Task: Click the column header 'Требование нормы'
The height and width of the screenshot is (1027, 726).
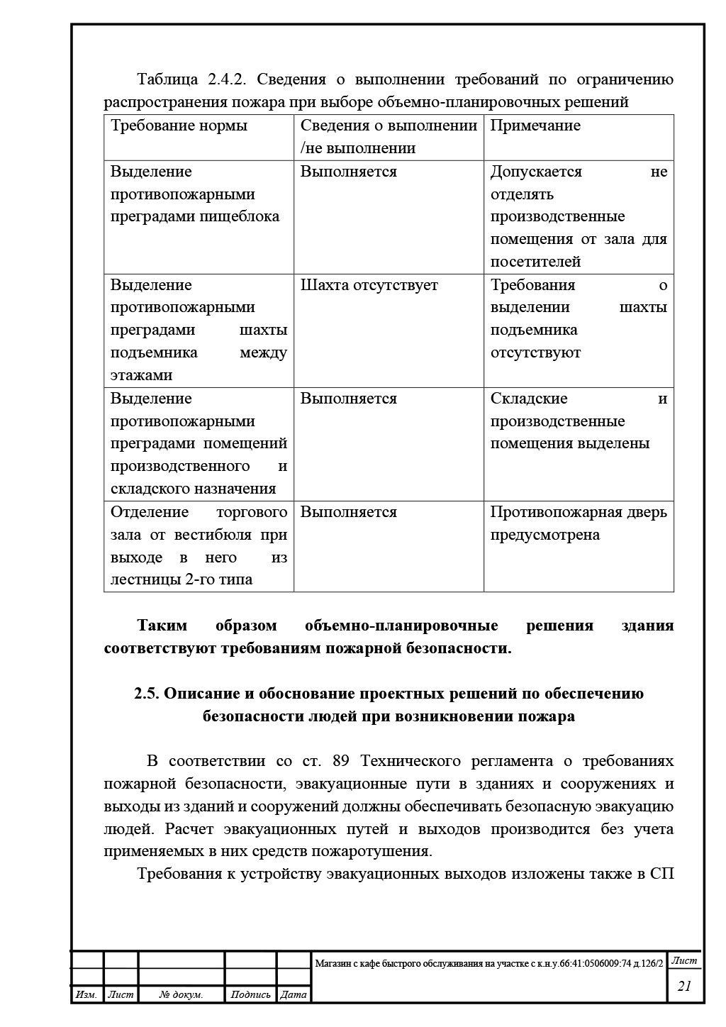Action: point(179,126)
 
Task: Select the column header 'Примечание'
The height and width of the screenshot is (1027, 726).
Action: point(535,126)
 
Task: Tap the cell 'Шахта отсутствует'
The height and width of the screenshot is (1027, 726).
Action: point(369,285)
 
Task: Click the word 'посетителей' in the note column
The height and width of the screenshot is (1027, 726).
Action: point(535,262)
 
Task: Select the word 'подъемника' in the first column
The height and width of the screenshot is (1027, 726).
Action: point(154,353)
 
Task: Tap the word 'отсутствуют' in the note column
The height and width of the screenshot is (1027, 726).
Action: point(535,353)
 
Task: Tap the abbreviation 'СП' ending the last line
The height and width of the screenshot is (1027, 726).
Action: point(661,874)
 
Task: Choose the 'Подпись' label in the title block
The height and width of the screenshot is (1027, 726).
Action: point(250,995)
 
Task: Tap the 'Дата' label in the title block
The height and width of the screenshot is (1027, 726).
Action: point(294,995)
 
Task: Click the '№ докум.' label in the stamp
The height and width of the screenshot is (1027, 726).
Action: point(181,995)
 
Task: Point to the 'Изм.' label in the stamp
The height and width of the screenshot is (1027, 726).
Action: point(86,995)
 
